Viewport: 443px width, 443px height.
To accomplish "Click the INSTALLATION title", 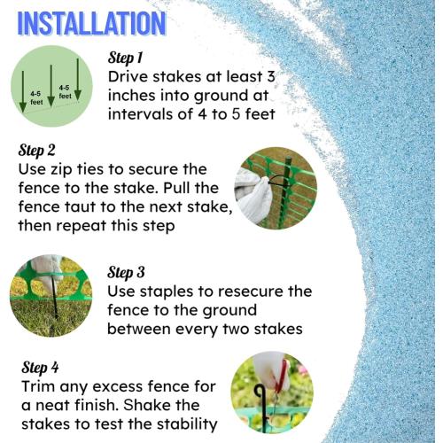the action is tap(92, 24).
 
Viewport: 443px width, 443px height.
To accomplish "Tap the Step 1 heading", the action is tap(126, 58).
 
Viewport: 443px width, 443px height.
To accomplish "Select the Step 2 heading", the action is tap(36, 150).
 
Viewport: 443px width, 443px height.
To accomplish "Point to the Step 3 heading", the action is tap(126, 272).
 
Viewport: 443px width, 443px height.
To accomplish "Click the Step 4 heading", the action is tap(40, 368).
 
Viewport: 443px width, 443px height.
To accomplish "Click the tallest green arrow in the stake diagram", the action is tap(78, 79).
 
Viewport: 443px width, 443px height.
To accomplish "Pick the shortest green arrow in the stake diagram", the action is tap(23, 91).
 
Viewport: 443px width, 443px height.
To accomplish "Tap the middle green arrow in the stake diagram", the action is tap(51, 86).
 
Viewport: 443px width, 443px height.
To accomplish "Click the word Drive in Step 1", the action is tap(128, 77).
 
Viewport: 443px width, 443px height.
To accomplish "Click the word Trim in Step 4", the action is tap(38, 386).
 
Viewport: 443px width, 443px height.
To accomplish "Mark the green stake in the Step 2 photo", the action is tap(285, 192).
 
